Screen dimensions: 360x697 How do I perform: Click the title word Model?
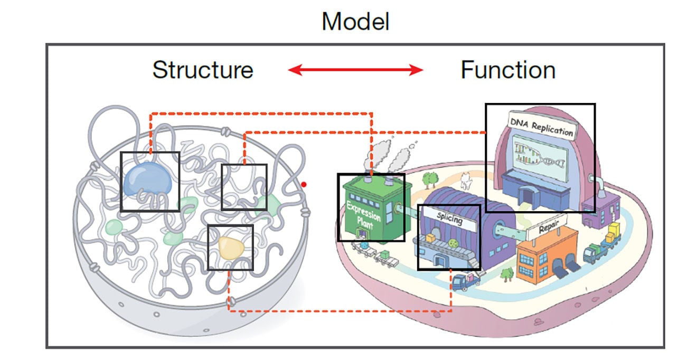[x=355, y=22]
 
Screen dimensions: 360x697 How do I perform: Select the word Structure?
[x=203, y=70]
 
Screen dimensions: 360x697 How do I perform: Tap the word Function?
[x=507, y=70]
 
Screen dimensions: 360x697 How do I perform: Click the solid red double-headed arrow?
[x=355, y=70]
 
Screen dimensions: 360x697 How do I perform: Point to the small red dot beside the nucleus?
[x=304, y=184]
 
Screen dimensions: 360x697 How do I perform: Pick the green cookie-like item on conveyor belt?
[x=453, y=243]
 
